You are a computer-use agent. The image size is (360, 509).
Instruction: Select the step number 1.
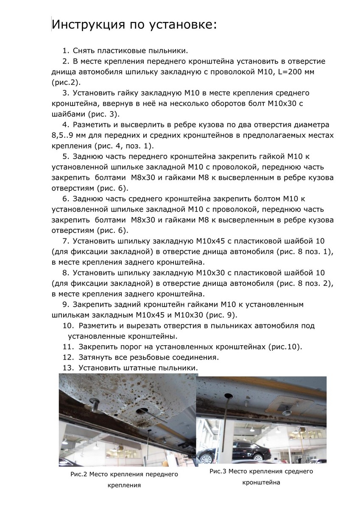coord(65,50)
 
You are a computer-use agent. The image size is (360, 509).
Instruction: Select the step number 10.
coord(68,326)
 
